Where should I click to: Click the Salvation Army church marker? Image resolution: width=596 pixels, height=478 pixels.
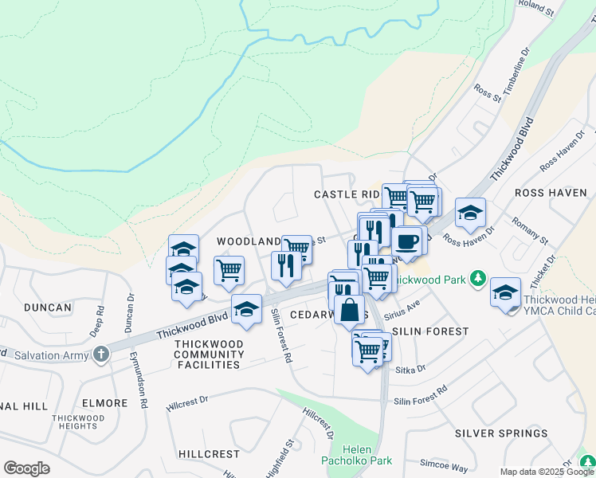click(100, 353)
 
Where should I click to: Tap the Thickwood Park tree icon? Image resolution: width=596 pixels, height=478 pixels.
click(477, 278)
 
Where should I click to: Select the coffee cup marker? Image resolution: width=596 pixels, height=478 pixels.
click(406, 241)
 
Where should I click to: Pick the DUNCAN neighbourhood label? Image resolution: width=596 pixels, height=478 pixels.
click(48, 307)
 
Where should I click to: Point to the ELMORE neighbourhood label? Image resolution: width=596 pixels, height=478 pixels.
click(104, 403)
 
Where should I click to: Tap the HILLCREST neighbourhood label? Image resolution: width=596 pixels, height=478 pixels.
click(209, 454)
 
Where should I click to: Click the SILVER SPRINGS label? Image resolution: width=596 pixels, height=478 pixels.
click(501, 433)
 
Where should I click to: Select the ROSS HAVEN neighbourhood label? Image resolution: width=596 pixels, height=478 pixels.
click(551, 193)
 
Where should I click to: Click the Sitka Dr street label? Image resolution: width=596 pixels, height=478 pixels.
click(410, 369)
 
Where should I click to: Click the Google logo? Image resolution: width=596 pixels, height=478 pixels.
click(26, 468)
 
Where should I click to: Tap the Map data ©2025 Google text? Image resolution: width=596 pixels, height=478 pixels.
click(547, 472)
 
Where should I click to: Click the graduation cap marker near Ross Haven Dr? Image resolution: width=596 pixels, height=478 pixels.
click(470, 213)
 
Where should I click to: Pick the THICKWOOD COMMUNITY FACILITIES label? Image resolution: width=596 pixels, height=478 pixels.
click(207, 354)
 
